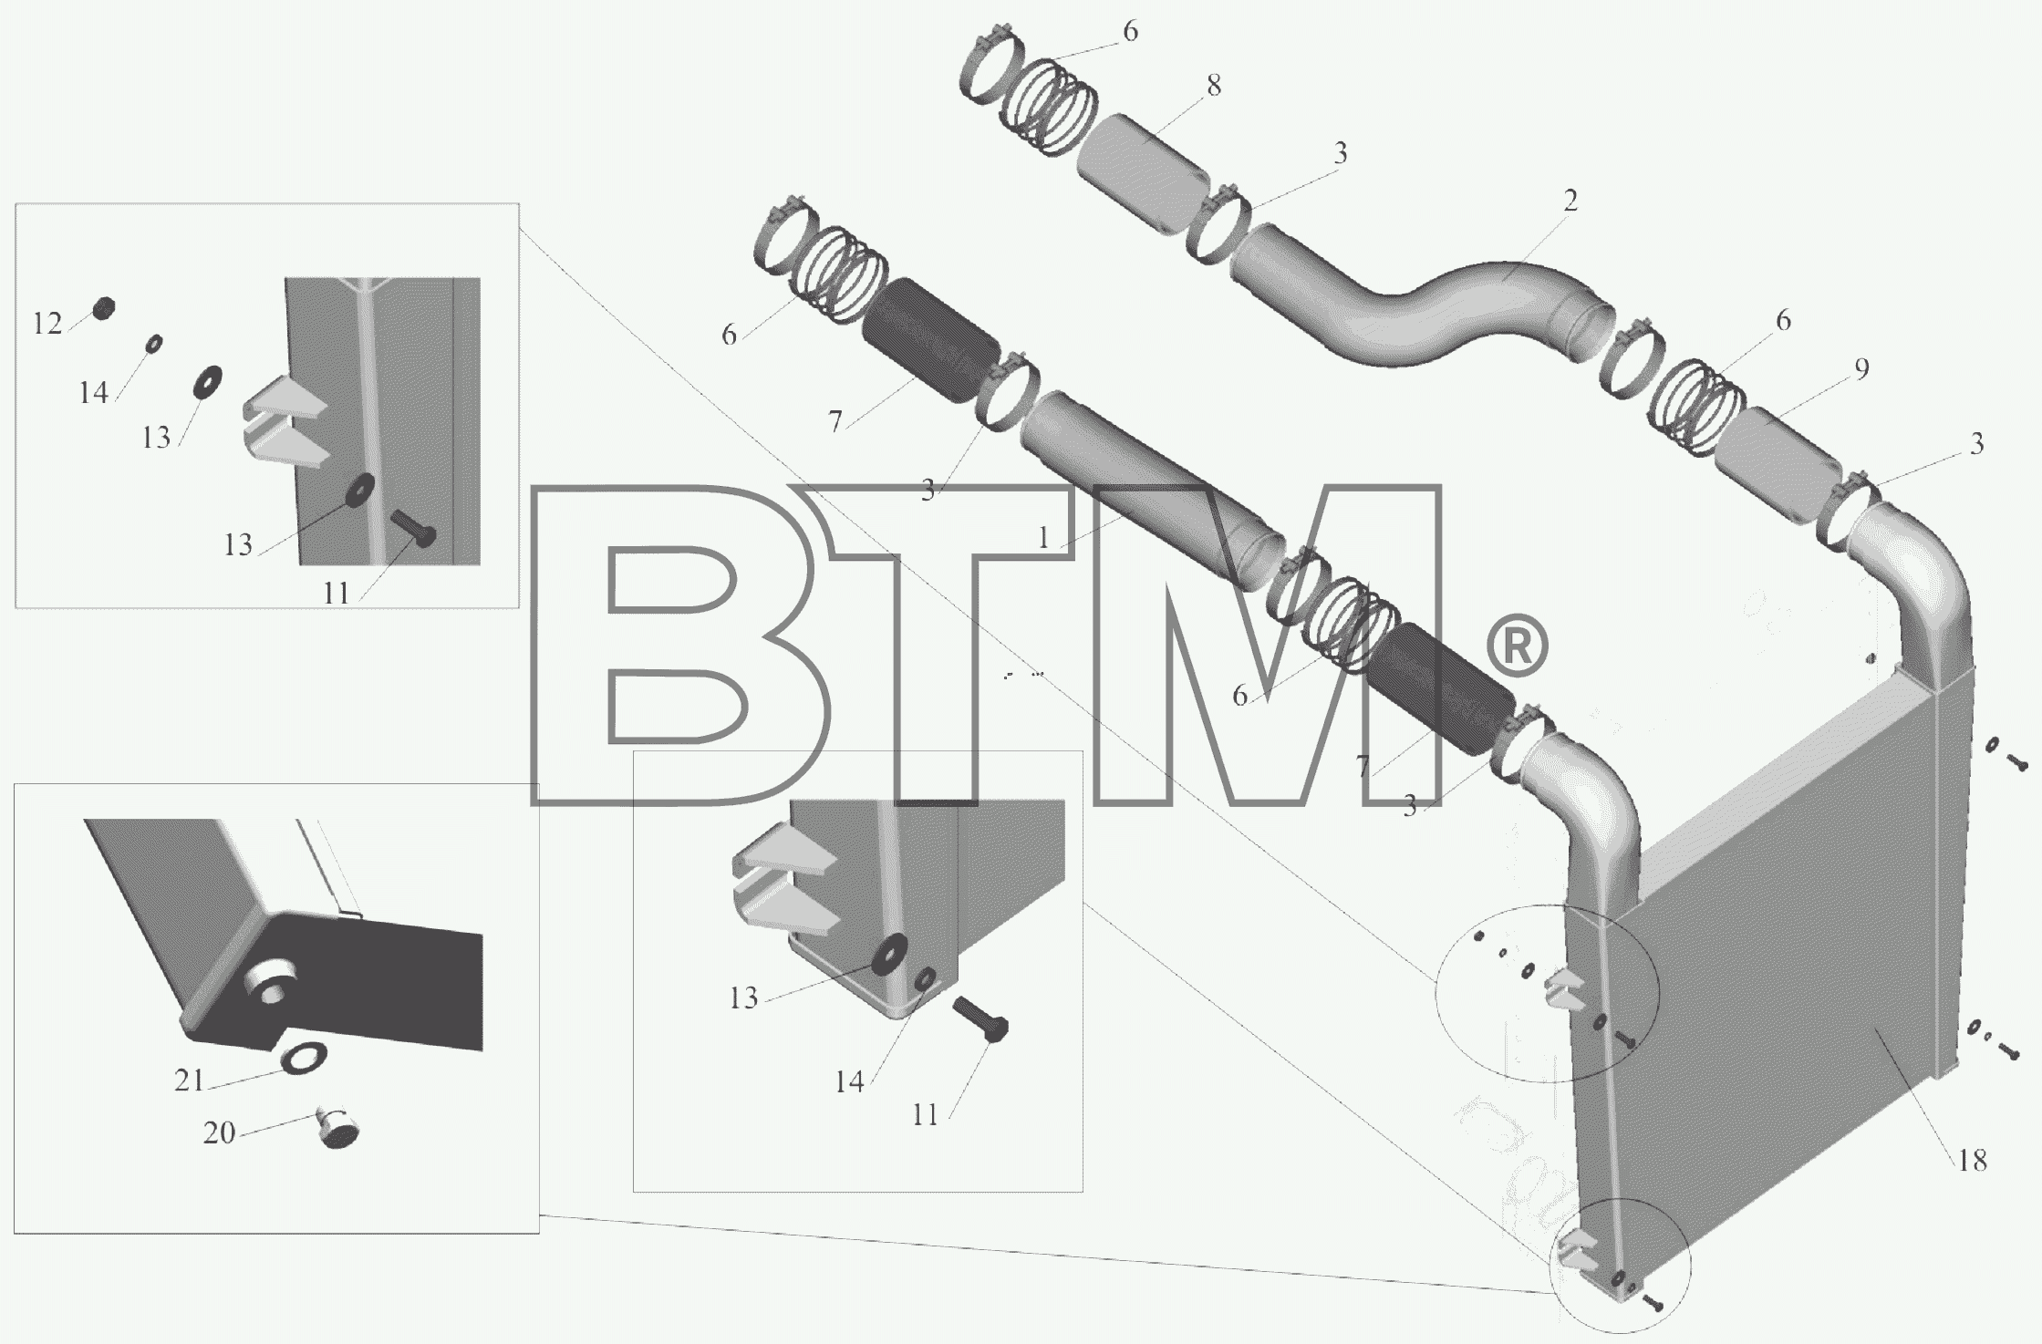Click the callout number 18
(x=1972, y=1160)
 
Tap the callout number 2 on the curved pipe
(x=1570, y=200)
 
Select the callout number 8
(x=1213, y=86)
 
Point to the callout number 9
(x=1861, y=368)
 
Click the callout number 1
(x=1044, y=538)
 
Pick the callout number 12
(x=48, y=323)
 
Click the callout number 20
(x=219, y=1132)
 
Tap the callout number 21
(x=189, y=1080)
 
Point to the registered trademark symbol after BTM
(x=1518, y=646)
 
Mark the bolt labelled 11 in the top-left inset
(x=413, y=528)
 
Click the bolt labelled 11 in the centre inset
(x=979, y=1022)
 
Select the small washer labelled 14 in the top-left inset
(x=155, y=344)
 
